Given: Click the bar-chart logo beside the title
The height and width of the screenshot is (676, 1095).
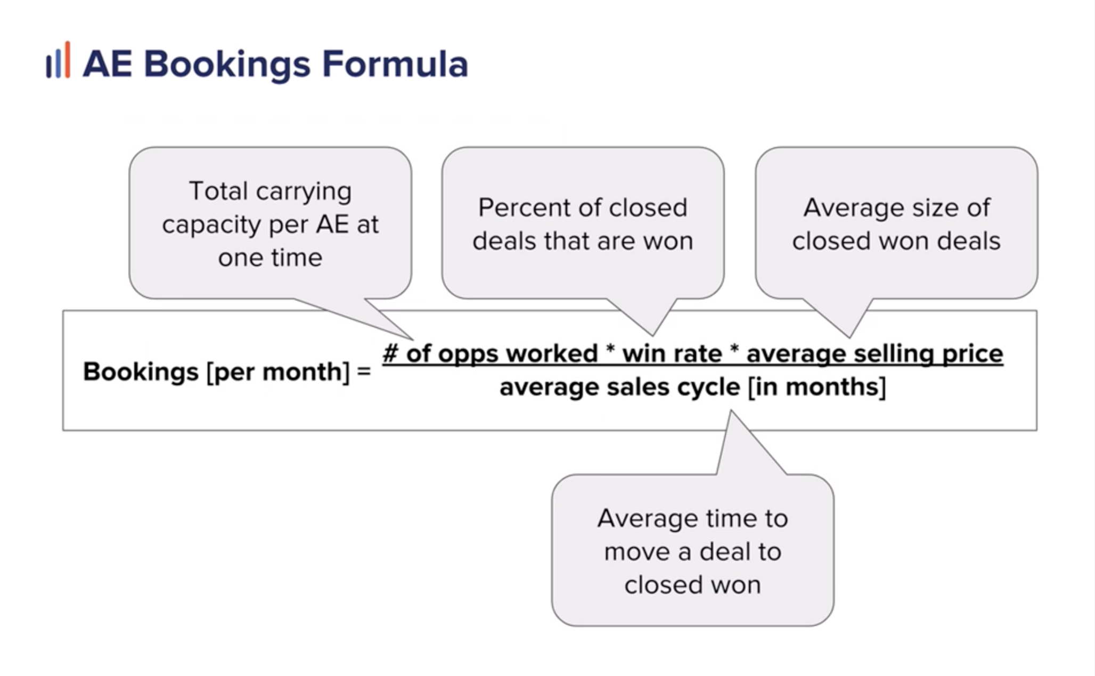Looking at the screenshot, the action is pyautogui.click(x=58, y=60).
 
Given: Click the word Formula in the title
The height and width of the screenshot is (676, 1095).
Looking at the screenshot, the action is pyautogui.click(x=395, y=64).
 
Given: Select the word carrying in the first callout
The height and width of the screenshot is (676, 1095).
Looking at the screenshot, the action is pyautogui.click(x=304, y=192).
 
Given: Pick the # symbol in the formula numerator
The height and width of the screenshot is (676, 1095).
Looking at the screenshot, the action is pyautogui.click(x=390, y=353).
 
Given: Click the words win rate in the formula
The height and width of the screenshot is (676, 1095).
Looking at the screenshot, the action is pyautogui.click(x=672, y=353).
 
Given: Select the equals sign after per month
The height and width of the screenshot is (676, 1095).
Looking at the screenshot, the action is pyautogui.click(x=364, y=371).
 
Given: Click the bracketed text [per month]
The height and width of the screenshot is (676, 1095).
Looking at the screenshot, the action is pyautogui.click(x=278, y=372).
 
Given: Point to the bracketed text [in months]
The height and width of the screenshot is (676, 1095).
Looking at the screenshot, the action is pyautogui.click(x=817, y=387).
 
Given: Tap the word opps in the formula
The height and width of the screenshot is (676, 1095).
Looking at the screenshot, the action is pyautogui.click(x=468, y=355).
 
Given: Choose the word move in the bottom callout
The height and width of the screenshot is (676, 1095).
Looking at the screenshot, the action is pyautogui.click(x=636, y=552).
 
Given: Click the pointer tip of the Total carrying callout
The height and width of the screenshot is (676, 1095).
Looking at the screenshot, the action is pyautogui.click(x=413, y=340).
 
